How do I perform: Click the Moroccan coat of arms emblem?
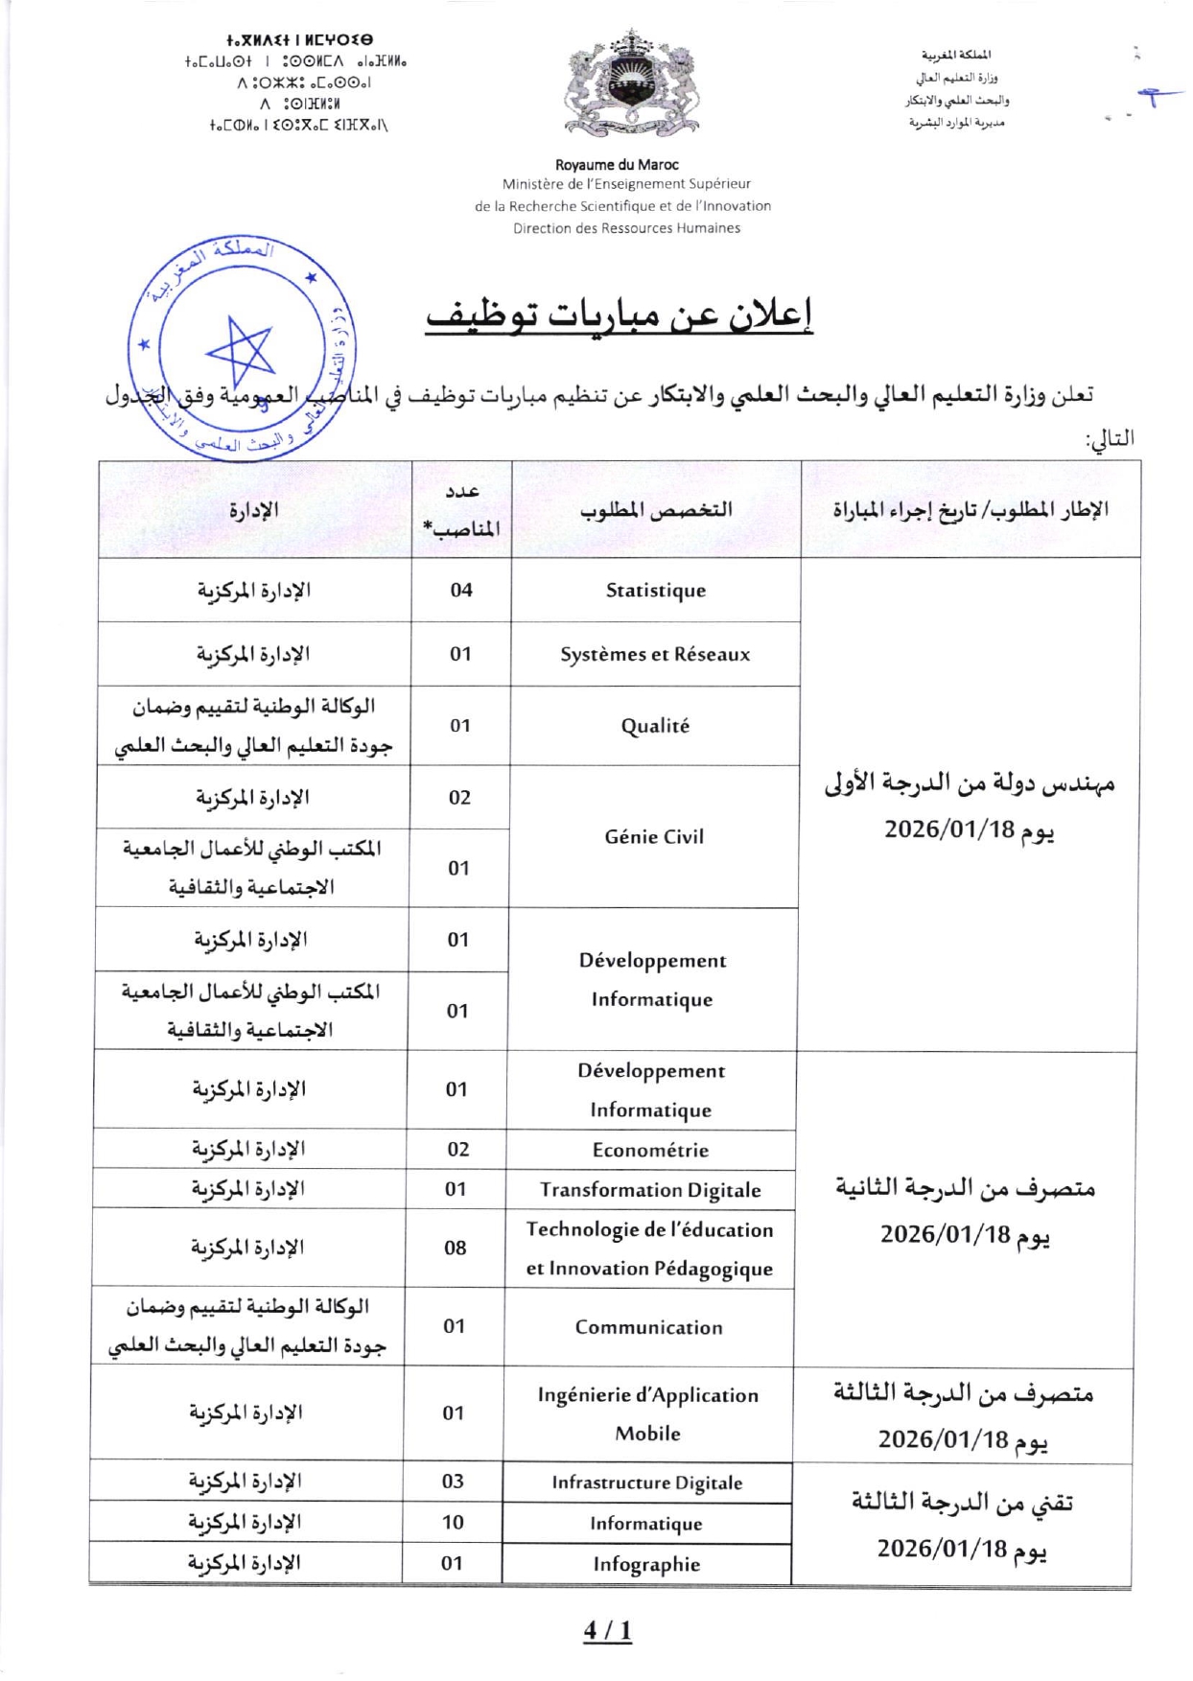(630, 82)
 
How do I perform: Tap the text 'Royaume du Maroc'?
(617, 165)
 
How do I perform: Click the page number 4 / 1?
(608, 1631)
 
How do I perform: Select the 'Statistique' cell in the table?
(656, 591)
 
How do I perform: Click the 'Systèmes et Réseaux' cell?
(655, 655)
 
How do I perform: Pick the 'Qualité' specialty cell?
(655, 726)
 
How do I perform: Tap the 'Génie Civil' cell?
(654, 837)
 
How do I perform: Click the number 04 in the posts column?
(461, 590)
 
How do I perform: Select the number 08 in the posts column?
(456, 1248)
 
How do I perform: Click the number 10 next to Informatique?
(453, 1522)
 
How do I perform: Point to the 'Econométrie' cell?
(650, 1150)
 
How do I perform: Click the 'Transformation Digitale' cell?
(650, 1190)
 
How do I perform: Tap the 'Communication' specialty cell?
(649, 1327)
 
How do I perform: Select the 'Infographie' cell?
(646, 1564)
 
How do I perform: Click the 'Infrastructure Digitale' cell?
(647, 1483)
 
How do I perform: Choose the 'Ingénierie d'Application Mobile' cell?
(648, 1413)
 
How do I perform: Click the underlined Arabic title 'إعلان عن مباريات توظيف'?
(620, 315)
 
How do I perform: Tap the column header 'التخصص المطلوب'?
(656, 510)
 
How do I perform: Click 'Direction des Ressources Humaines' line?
(626, 228)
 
